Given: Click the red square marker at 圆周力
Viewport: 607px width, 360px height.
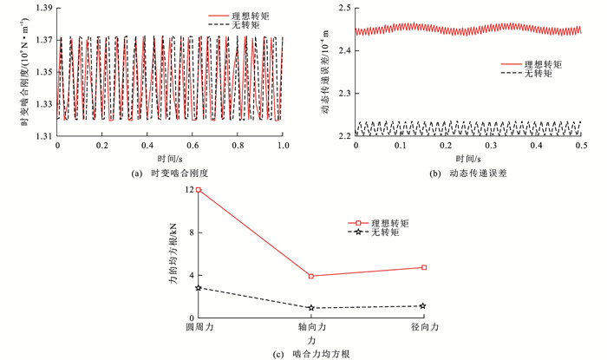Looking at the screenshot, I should click(x=199, y=189).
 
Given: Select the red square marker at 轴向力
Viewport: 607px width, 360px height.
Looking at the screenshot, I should click(x=311, y=276).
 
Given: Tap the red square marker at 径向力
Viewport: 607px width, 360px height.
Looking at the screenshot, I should click(x=424, y=267).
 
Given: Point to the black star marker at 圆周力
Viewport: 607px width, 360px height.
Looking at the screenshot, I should click(x=199, y=287).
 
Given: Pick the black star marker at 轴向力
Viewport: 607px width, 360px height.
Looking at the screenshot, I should click(x=311, y=308).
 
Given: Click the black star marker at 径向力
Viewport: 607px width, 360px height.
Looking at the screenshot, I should click(x=424, y=305).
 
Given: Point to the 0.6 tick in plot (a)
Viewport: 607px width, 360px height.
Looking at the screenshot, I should click(x=193, y=148).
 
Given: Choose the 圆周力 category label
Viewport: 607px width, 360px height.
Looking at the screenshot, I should click(x=199, y=329).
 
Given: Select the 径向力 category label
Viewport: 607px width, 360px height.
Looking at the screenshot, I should click(x=424, y=329).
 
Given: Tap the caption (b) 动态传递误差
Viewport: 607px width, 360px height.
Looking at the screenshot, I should click(x=469, y=174).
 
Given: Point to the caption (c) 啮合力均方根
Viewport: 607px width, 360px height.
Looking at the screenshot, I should click(x=310, y=353).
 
